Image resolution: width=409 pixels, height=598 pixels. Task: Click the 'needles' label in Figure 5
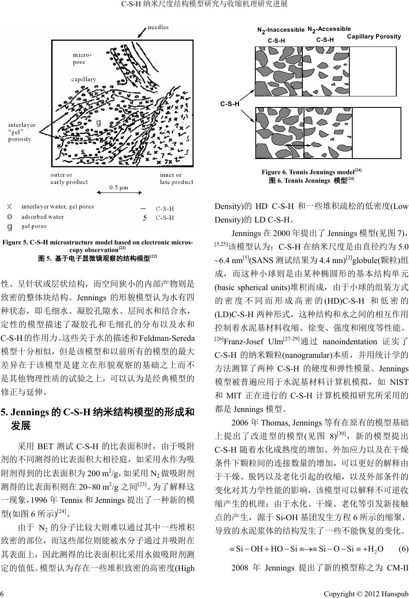[158, 27]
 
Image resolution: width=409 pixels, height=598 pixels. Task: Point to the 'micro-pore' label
[82, 58]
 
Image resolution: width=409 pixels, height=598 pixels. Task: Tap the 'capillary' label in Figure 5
[83, 79]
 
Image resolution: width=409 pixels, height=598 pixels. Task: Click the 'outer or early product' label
[69, 178]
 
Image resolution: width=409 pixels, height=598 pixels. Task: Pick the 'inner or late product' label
[176, 178]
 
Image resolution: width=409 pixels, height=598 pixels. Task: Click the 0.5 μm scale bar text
[119, 187]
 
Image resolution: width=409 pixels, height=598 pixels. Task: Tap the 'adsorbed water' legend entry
[42, 217]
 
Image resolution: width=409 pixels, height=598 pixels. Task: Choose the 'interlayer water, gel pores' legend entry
[58, 206]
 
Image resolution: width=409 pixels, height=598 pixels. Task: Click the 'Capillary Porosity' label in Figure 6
[373, 36]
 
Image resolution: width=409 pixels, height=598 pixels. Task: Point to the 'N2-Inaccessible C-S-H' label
[280, 35]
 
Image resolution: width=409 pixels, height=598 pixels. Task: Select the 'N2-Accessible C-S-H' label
[329, 34]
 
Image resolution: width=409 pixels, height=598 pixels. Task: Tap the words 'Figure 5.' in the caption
[15, 243]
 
